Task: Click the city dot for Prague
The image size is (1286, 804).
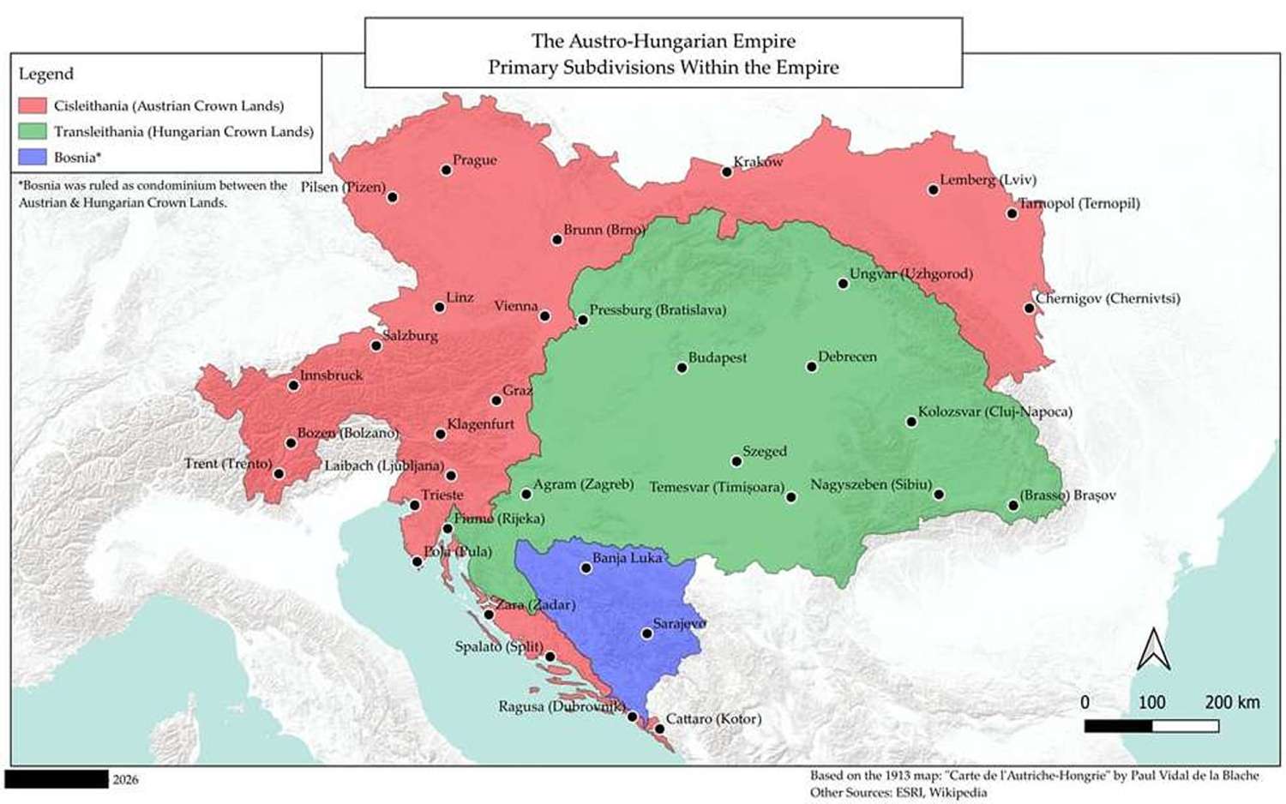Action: click(x=446, y=170)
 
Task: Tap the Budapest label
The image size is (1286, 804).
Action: click(x=718, y=357)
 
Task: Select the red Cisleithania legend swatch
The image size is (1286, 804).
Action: click(x=33, y=105)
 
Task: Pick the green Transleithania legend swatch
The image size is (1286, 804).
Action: click(x=33, y=131)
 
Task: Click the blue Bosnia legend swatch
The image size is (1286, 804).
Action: click(x=33, y=157)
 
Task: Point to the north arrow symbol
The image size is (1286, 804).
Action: click(x=1153, y=649)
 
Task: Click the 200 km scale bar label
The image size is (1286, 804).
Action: click(x=1232, y=702)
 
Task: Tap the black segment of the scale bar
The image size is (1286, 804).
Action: click(x=1118, y=726)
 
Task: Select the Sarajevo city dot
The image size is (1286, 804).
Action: click(x=647, y=633)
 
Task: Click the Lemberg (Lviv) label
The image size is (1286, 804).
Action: click(x=988, y=179)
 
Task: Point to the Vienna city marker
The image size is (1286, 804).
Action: click(x=544, y=316)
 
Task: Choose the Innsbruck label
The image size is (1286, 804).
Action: click(x=331, y=375)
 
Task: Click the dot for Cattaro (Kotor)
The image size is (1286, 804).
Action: click(x=659, y=729)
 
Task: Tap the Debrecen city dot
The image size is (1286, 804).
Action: click(x=811, y=367)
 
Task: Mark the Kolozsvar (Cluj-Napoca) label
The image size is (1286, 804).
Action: click(x=995, y=411)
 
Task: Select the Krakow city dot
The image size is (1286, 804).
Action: click(x=726, y=171)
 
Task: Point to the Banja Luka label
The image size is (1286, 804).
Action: click(x=628, y=557)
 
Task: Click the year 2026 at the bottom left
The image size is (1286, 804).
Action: click(x=125, y=779)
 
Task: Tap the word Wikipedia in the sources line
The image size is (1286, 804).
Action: click(x=958, y=792)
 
